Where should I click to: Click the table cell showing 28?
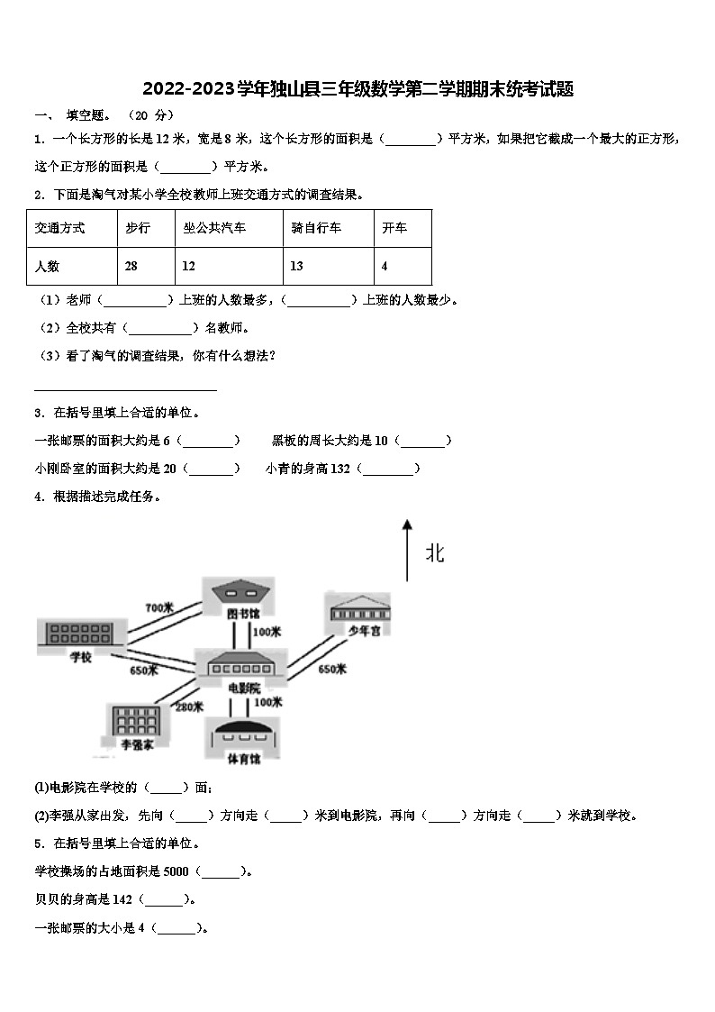pos(131,266)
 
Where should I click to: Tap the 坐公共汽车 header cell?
pos(213,229)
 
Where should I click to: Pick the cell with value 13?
pos(297,266)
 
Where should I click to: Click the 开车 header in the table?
pos(394,229)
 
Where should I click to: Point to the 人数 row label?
pos(47,266)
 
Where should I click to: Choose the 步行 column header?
pos(138,229)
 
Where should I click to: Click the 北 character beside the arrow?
pos(435,553)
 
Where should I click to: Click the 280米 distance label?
pos(188,707)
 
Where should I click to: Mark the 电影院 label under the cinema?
pos(244,688)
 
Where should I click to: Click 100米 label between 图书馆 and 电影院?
pos(267,632)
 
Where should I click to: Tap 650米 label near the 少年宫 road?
pos(332,670)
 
